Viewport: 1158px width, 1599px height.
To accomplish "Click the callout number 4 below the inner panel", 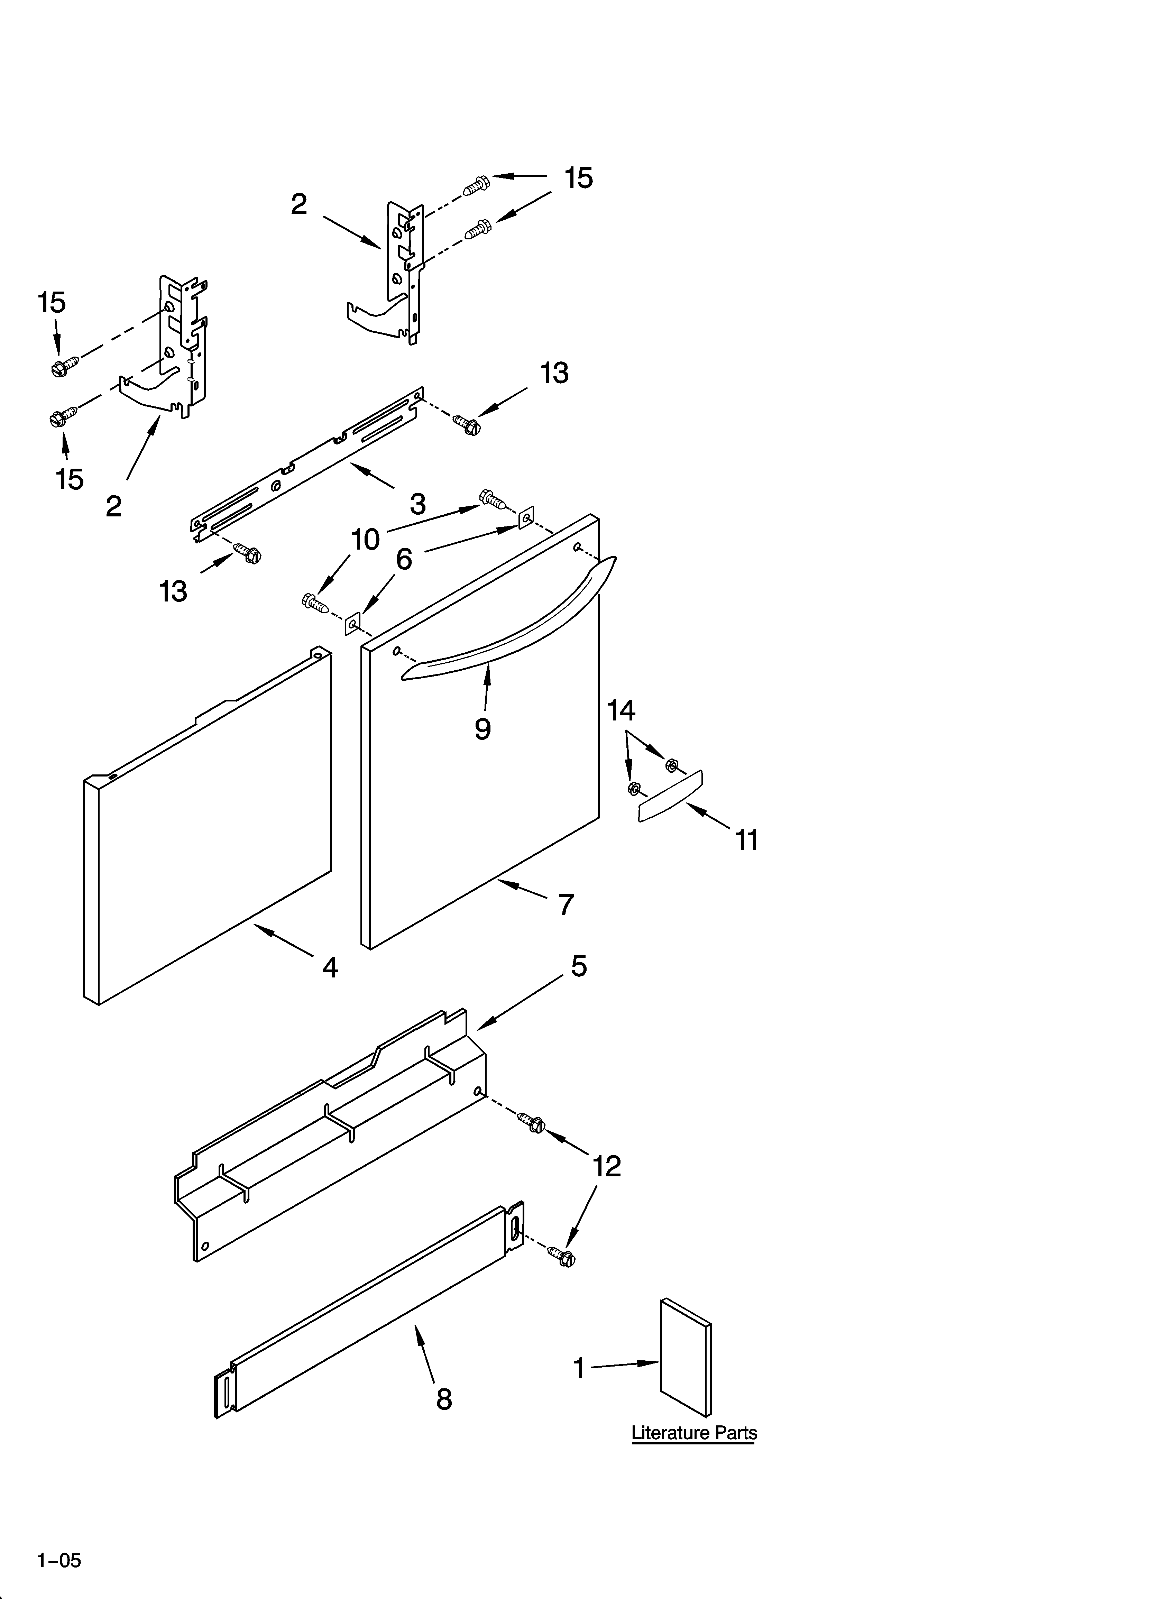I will click(x=329, y=967).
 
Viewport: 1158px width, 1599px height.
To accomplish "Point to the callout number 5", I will click(x=578, y=966).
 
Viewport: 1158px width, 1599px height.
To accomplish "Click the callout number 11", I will click(x=747, y=840).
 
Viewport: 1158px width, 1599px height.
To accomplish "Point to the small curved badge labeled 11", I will click(x=670, y=796).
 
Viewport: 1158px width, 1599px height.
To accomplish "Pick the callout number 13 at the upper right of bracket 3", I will click(x=554, y=374).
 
